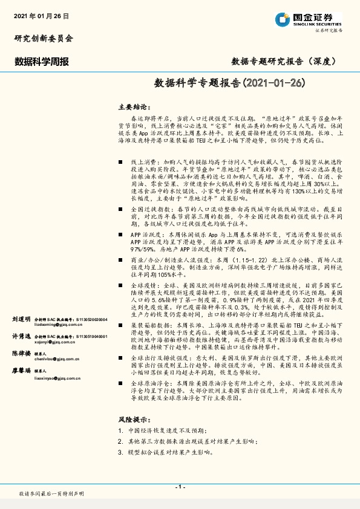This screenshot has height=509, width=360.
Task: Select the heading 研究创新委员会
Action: (44, 38)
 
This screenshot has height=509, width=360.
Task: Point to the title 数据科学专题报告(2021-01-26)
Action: (229, 82)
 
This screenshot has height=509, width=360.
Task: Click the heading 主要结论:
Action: (134, 106)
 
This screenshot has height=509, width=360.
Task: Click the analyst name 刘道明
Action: (21, 318)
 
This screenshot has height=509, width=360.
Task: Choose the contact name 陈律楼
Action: (21, 353)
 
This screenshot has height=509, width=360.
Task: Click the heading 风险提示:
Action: (134, 419)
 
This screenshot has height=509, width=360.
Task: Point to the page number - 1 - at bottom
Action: (180, 487)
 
